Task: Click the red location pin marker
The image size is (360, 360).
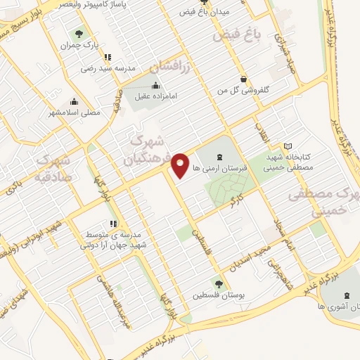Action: click(x=182, y=165)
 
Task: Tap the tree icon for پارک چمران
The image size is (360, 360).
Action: click(x=79, y=33)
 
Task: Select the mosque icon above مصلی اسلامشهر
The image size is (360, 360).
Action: click(x=75, y=101)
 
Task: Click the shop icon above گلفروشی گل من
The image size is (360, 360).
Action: click(x=243, y=79)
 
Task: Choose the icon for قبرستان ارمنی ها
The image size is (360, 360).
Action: click(x=219, y=157)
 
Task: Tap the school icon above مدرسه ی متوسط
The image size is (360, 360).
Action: click(x=114, y=223)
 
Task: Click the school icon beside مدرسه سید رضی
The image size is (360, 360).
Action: click(x=106, y=58)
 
